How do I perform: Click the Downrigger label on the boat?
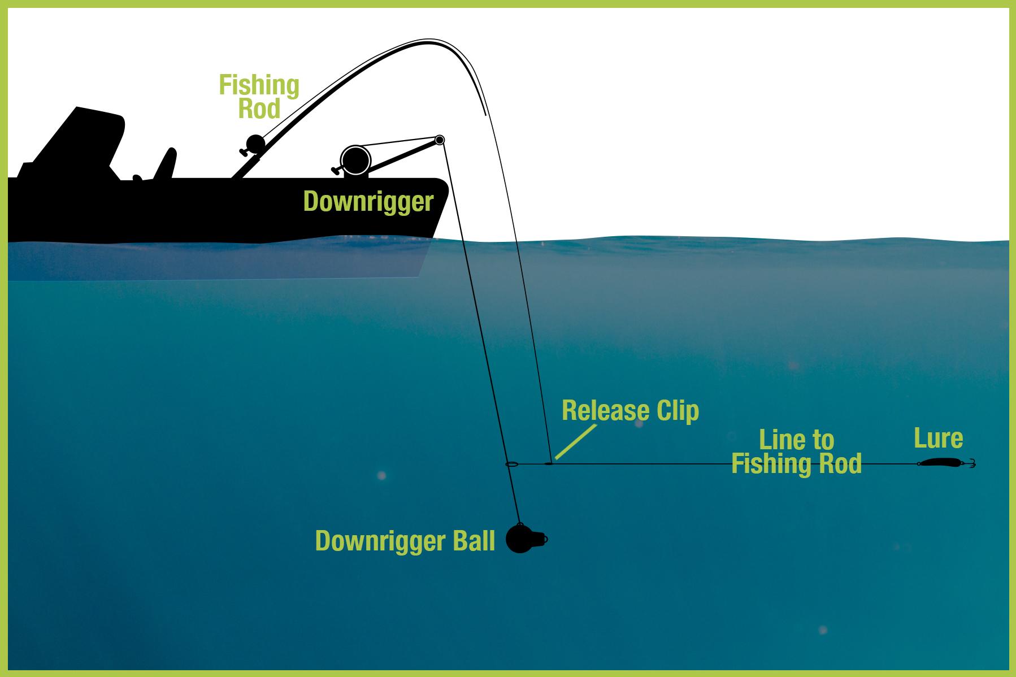[x=368, y=202]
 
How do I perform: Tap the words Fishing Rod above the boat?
[x=259, y=97]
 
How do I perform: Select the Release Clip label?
[x=630, y=411]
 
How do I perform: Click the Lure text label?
[x=939, y=438]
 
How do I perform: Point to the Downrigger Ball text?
[x=405, y=541]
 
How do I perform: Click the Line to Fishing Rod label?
[x=796, y=452]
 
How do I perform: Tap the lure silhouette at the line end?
[x=940, y=462]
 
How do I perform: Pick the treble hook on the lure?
[x=970, y=463]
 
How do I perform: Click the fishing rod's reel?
[x=254, y=145]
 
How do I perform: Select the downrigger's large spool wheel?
[x=355, y=160]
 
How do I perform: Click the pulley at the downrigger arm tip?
[x=440, y=140]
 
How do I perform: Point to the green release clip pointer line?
[x=575, y=441]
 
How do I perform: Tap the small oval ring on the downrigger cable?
[x=511, y=465]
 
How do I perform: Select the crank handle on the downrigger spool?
[x=336, y=170]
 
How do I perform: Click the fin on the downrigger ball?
[x=540, y=539]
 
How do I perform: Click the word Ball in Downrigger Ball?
[x=473, y=541]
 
